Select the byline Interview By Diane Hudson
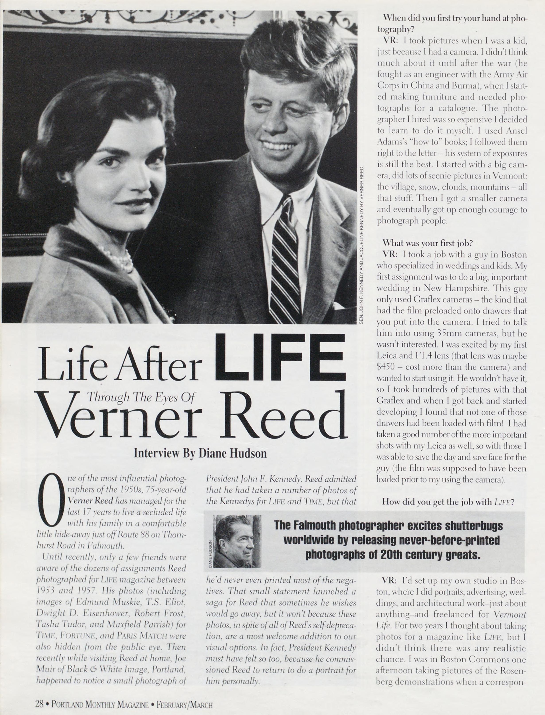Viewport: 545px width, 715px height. pyautogui.click(x=200, y=453)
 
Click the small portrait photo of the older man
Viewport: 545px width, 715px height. pyautogui.click(x=238, y=542)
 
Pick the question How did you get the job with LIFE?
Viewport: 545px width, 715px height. pyautogui.click(x=448, y=502)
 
